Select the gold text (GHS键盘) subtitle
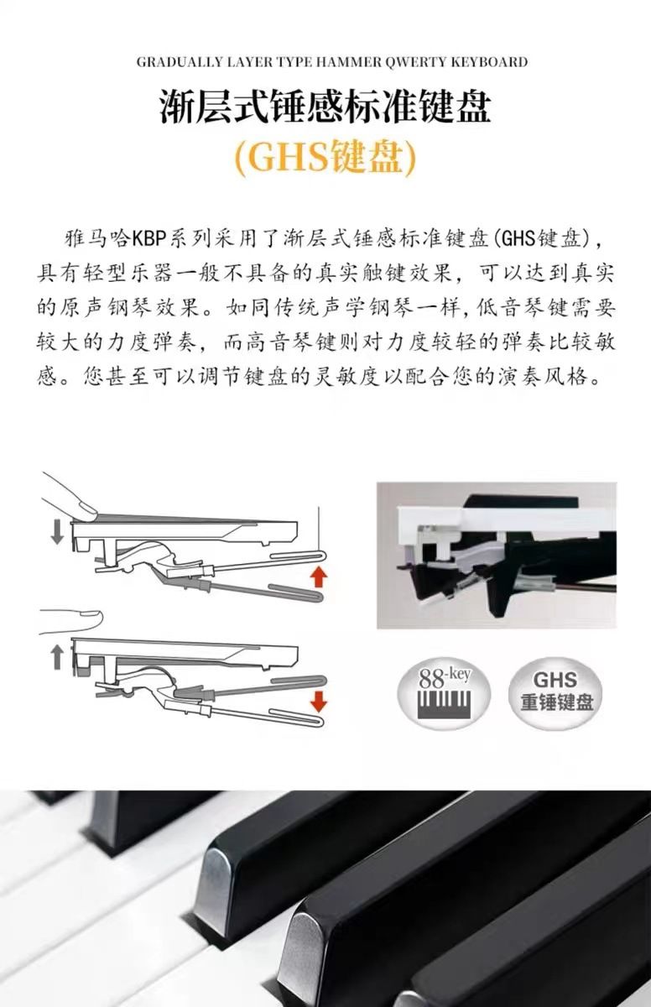[x=325, y=159]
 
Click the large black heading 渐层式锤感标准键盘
[x=325, y=106]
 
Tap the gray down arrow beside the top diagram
[x=57, y=533]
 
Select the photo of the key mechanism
[x=497, y=556]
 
